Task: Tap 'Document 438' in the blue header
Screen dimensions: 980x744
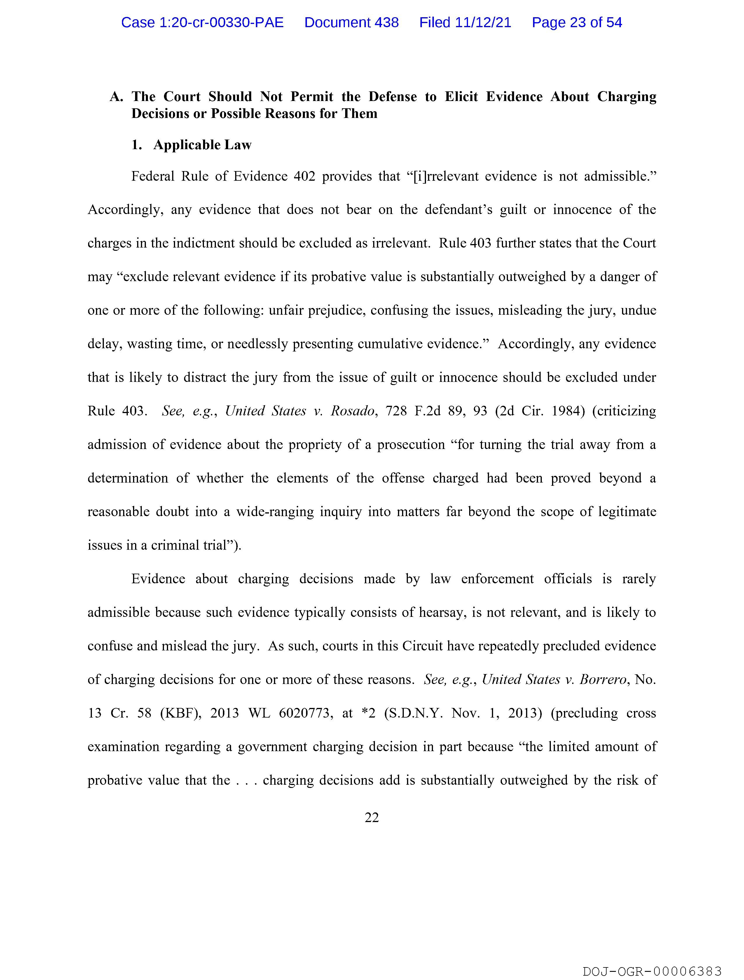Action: [351, 22]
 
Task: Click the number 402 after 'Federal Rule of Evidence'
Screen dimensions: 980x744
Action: [304, 176]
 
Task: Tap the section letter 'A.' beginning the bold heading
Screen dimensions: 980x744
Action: [116, 97]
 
